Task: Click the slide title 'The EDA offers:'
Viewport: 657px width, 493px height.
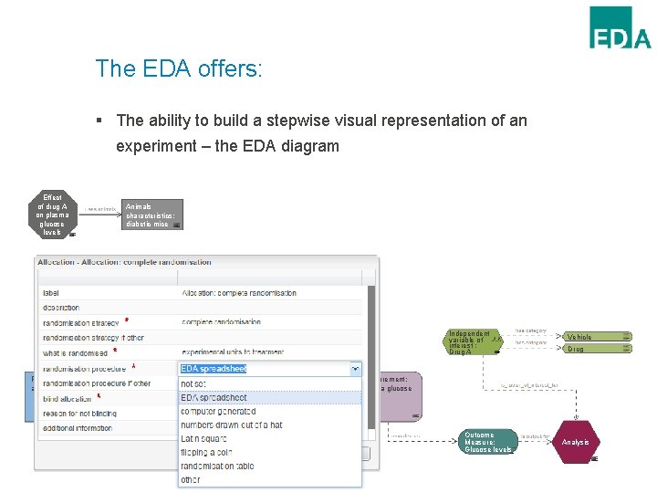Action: coord(179,68)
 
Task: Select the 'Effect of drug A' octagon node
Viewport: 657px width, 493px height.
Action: coord(52,215)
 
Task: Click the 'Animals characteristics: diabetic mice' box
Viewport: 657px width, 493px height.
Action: coord(152,215)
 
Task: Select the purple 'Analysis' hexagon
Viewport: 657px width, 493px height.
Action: coord(576,442)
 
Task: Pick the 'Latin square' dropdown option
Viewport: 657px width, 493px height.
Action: coord(204,438)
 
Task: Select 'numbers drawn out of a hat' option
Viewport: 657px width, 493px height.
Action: coord(231,425)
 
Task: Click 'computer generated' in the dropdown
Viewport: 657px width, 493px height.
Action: coord(217,411)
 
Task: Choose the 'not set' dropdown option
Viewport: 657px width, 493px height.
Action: coord(195,383)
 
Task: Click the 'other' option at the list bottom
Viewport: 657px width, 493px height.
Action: coord(191,479)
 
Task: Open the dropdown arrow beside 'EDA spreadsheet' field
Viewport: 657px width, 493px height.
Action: coord(355,369)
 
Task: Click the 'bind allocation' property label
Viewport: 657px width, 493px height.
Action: coord(67,399)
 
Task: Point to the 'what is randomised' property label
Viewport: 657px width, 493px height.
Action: coord(76,351)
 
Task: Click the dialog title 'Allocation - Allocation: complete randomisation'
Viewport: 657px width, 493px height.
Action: coord(124,262)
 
